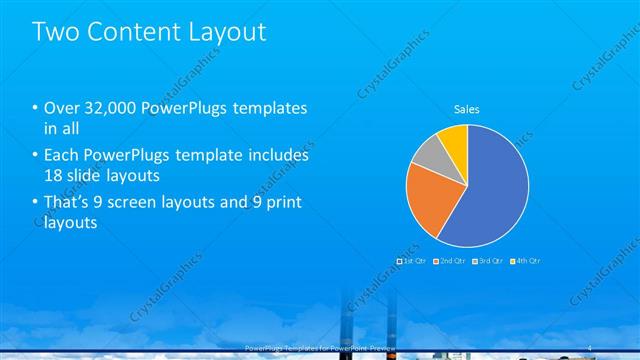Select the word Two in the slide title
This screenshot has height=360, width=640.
55,32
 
